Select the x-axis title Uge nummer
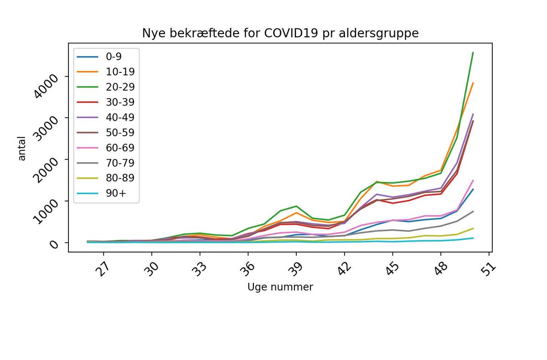click(280, 287)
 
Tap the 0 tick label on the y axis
click(54, 244)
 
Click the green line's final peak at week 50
click(473, 52)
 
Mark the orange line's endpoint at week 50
click(473, 83)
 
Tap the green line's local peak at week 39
click(296, 206)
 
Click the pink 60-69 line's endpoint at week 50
click(473, 180)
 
